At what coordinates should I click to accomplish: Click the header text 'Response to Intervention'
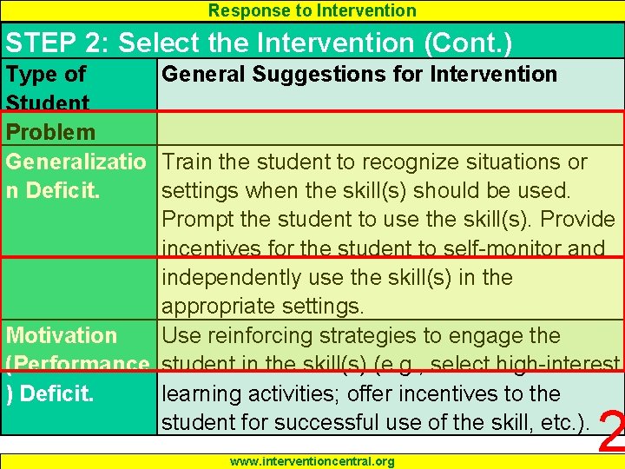pyautogui.click(x=312, y=10)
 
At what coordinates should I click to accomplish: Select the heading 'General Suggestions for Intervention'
pyautogui.click(x=359, y=74)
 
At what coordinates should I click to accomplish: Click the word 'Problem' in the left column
pyautogui.click(x=50, y=132)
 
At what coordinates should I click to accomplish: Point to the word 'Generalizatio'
pyautogui.click(x=77, y=162)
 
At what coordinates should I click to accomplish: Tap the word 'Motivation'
pyautogui.click(x=62, y=335)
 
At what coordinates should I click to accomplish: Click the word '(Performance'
pyautogui.click(x=77, y=364)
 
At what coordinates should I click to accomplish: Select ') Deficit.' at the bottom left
pyautogui.click(x=53, y=393)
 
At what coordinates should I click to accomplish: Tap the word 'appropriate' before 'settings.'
pyautogui.click(x=218, y=307)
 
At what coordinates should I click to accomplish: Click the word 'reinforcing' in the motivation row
pyautogui.click(x=265, y=335)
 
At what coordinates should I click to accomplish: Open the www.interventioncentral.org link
pyautogui.click(x=312, y=461)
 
